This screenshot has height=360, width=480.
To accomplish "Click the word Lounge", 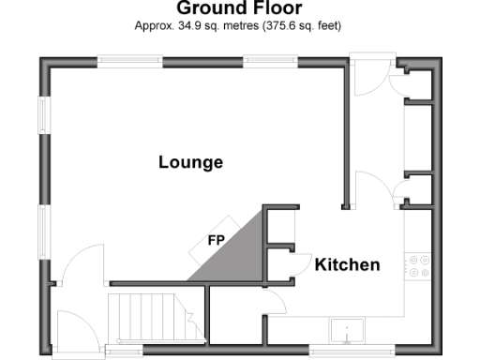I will click(x=190, y=162).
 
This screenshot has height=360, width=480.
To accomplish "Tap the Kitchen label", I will click(x=347, y=265).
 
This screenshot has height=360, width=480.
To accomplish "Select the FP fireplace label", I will click(x=216, y=238).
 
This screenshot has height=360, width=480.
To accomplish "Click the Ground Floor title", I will click(x=239, y=8).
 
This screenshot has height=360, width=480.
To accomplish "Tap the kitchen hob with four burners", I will click(x=417, y=264).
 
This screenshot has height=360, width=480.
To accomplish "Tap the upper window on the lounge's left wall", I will click(x=43, y=115).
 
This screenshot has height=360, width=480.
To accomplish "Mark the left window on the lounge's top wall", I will click(x=129, y=62).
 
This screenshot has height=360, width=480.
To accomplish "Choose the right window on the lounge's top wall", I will click(x=272, y=62).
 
